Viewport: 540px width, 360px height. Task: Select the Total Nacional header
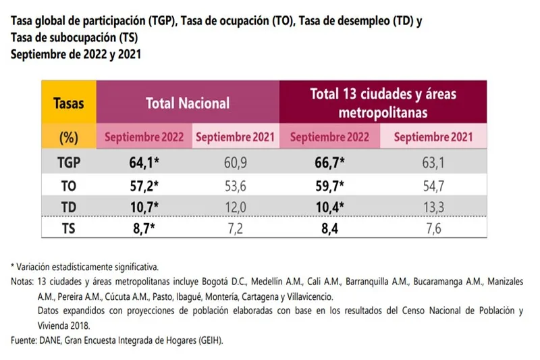(x=188, y=103)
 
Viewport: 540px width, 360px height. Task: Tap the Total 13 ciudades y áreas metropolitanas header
(x=383, y=102)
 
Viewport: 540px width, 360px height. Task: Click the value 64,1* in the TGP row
(x=143, y=162)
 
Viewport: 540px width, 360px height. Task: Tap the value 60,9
(x=234, y=162)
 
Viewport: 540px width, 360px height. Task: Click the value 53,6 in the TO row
(x=234, y=184)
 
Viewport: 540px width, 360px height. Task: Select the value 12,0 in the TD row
(x=234, y=205)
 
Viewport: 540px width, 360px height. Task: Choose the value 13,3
(x=432, y=205)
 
